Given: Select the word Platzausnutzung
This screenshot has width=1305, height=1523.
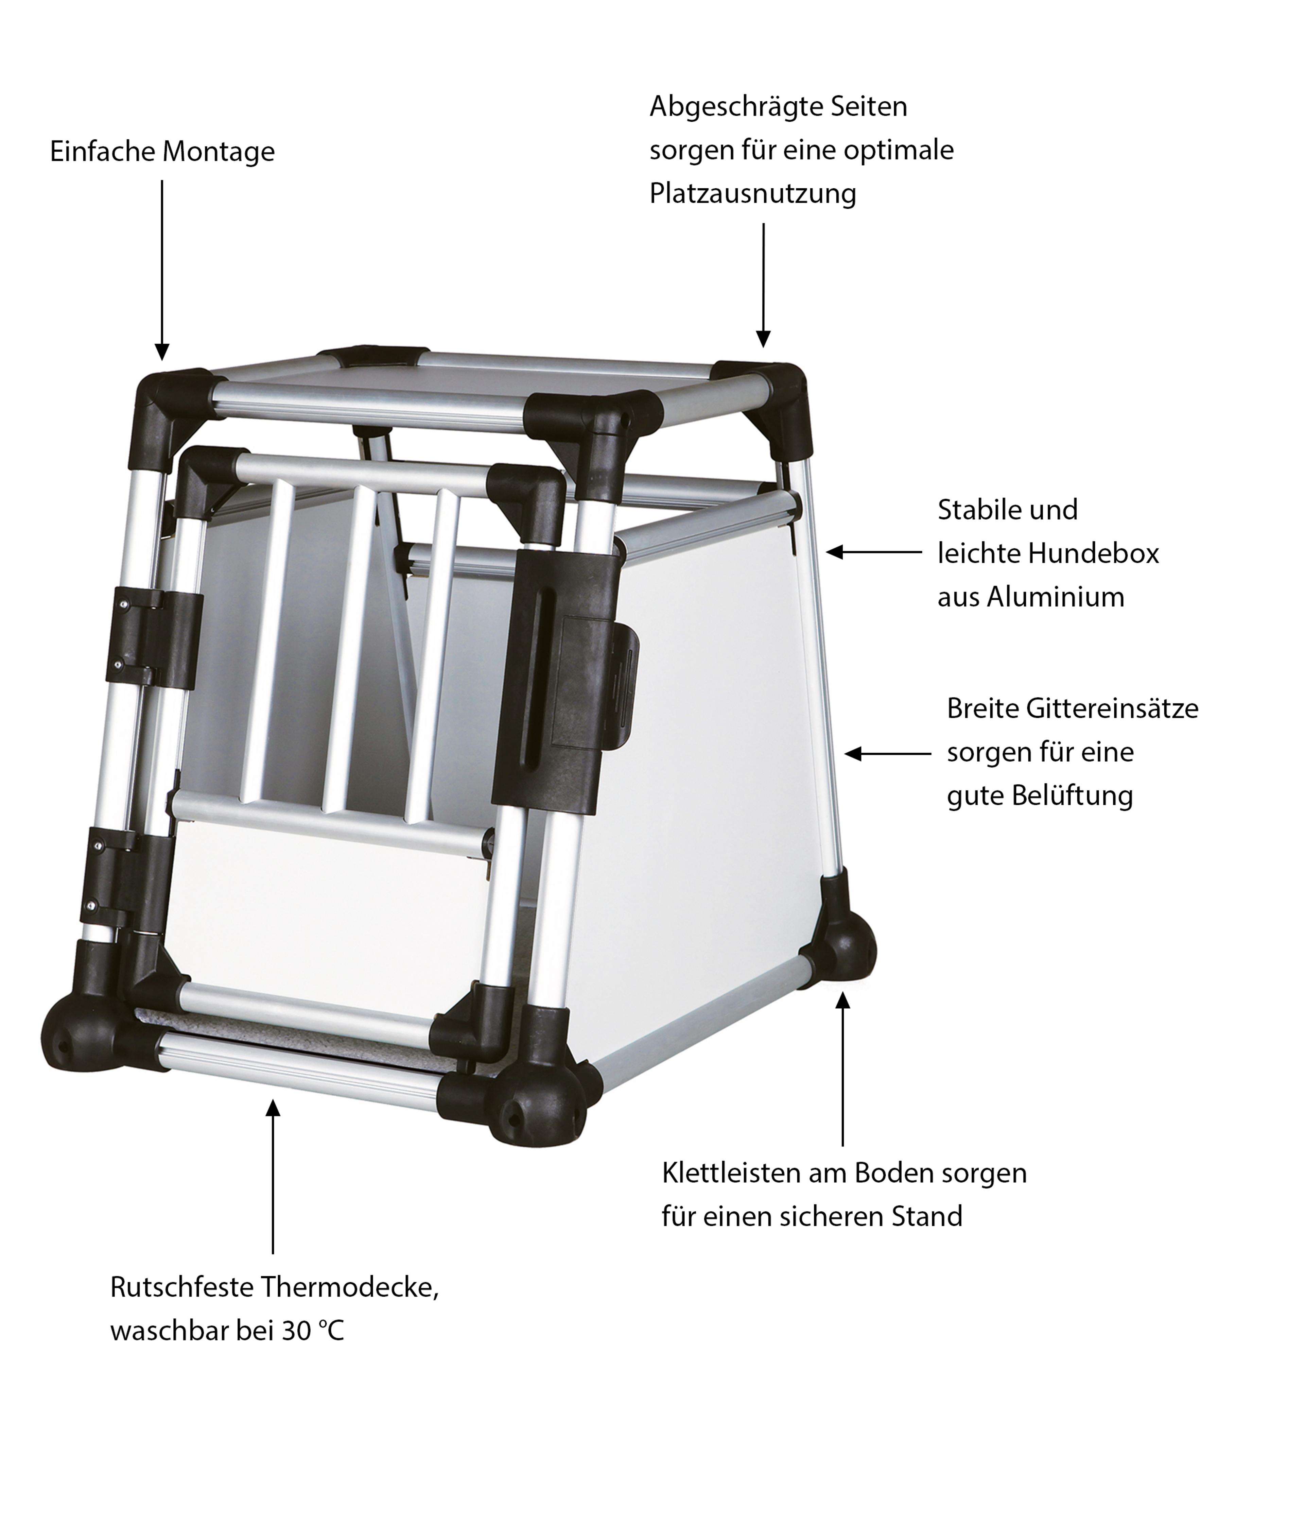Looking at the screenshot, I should coord(752,194).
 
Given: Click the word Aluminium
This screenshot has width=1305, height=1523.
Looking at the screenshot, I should coord(1055,597).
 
